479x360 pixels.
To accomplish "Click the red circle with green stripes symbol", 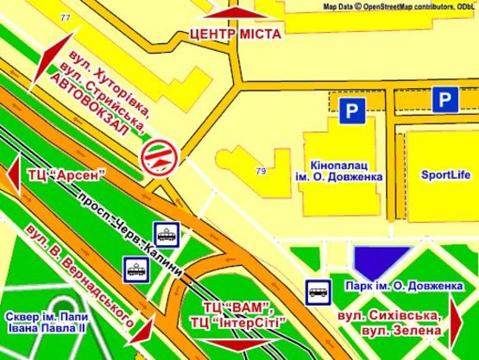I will (x=161, y=155).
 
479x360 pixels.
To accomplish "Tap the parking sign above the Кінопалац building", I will (x=348, y=110).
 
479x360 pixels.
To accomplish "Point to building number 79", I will (x=261, y=171).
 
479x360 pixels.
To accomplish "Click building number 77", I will (x=66, y=16).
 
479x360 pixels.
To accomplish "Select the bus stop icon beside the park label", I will (x=315, y=292).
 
